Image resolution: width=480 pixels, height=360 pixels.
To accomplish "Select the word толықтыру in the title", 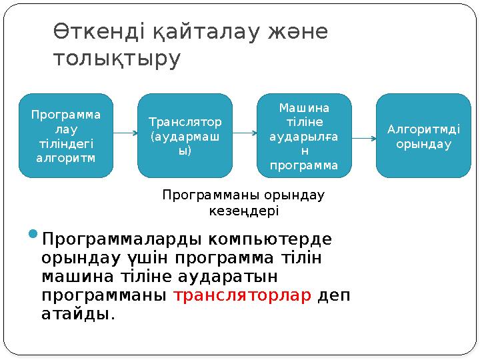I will click(116, 59).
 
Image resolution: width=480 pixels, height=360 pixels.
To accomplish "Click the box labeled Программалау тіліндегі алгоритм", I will click(66, 135).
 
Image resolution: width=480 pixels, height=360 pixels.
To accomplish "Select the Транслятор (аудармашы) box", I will click(185, 135).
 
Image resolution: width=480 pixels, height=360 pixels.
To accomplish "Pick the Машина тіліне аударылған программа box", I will click(304, 135).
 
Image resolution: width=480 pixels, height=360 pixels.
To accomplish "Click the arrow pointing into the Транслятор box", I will click(125, 132).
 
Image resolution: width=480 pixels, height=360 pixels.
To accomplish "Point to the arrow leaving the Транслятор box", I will click(244, 132).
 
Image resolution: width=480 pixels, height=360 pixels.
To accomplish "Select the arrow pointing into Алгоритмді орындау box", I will click(363, 139).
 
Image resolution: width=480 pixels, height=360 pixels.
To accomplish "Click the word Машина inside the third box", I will click(304, 107).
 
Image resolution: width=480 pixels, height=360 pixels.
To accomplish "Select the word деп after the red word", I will click(333, 295).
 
